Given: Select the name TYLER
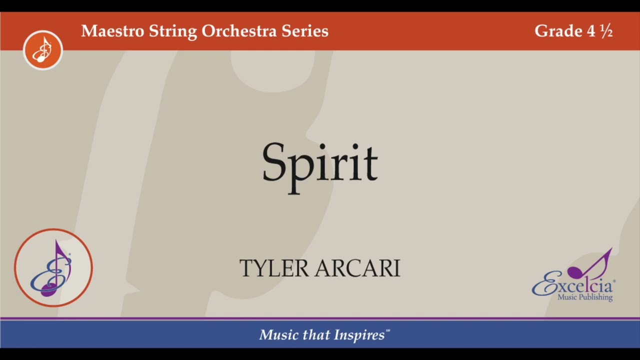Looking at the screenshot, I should coord(274,268).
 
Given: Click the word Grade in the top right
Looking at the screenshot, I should coord(558,31).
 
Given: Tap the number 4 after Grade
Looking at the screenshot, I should coord(591,31).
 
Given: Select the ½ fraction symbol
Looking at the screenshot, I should coord(606,31).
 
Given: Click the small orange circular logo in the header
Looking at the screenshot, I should coord(43,50).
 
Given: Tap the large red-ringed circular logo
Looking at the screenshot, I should coord(53,267).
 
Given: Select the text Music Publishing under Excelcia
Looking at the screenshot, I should coord(585,297).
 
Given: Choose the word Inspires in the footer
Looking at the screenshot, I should coord(362,335).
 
